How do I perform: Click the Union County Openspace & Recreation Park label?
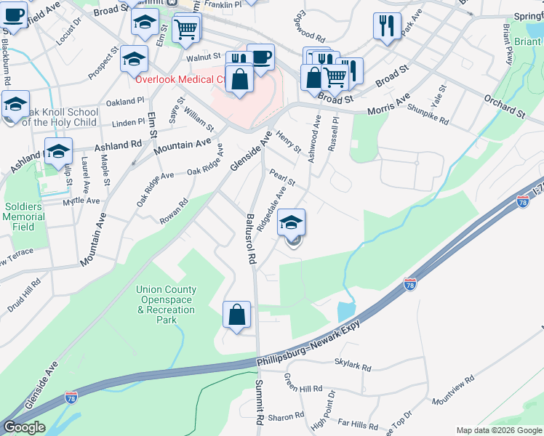click(166, 304)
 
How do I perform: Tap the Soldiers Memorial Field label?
click(24, 217)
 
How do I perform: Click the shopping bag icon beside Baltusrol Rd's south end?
click(237, 315)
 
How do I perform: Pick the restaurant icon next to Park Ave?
click(387, 26)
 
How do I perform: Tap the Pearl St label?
click(281, 177)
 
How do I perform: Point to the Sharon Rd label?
click(286, 416)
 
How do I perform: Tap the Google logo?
click(24, 427)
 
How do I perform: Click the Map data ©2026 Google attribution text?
click(498, 430)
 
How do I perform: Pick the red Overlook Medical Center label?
click(185, 79)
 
